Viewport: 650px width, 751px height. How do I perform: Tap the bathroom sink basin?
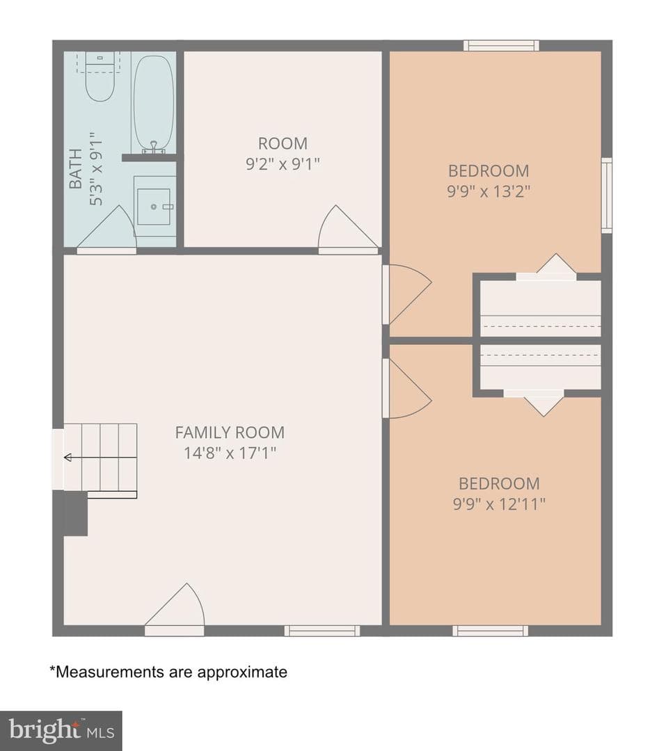(154, 207)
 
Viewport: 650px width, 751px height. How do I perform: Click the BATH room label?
(75, 168)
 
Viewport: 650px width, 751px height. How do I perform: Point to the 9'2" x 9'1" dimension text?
(283, 164)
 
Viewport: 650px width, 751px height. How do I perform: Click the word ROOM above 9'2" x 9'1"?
(283, 143)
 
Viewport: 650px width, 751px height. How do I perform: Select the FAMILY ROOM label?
(230, 433)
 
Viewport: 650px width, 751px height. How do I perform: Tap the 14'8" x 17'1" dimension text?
(230, 453)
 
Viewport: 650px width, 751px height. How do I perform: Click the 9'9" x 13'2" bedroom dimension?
(489, 192)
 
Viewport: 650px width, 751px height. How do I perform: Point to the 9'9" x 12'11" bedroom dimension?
(499, 504)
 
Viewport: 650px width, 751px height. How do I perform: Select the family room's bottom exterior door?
(175, 610)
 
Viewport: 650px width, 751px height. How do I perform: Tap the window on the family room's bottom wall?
(322, 631)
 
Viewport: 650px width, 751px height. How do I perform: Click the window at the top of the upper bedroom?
(501, 45)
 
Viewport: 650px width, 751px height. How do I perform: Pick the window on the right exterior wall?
(607, 195)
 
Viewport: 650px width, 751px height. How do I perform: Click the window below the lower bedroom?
(491, 631)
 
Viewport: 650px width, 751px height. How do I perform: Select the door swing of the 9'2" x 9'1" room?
(347, 229)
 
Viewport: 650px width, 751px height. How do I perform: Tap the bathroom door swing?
(106, 229)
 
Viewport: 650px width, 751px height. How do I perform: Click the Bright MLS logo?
(61, 731)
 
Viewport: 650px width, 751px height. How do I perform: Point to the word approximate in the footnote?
(243, 672)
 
